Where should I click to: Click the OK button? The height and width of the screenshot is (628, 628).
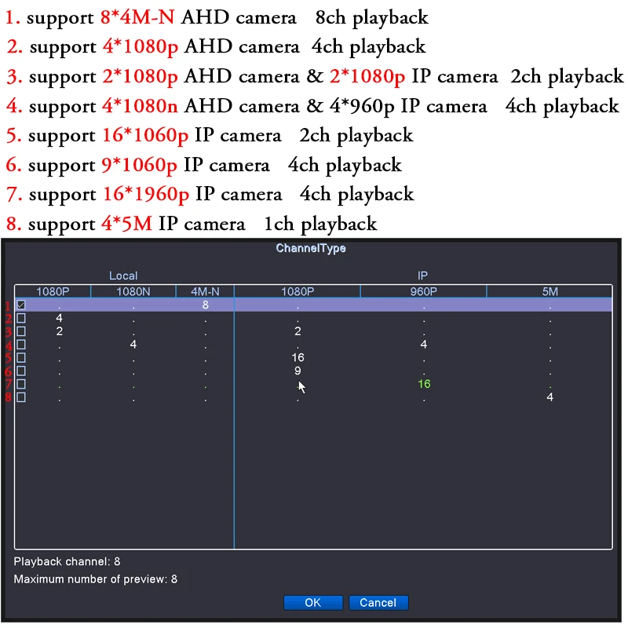(312, 603)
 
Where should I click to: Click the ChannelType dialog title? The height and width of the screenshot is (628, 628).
(311, 249)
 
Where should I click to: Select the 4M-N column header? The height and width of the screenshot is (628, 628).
(205, 291)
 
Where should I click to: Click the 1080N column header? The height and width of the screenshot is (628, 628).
(133, 291)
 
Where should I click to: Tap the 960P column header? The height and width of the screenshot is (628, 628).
(423, 291)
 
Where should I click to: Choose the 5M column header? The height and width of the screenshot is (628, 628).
(549, 291)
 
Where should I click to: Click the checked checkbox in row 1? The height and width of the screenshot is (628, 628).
(21, 305)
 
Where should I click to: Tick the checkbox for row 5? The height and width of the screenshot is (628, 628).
(21, 358)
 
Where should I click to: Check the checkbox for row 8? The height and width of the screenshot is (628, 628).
(21, 397)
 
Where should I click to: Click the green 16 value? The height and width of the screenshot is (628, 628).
(424, 384)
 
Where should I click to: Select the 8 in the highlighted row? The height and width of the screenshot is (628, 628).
(205, 305)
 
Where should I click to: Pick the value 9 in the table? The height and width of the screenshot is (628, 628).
(298, 371)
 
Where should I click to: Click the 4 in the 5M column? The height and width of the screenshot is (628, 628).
(549, 397)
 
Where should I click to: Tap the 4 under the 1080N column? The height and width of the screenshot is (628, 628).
(133, 345)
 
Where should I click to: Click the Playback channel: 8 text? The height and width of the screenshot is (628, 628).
(68, 562)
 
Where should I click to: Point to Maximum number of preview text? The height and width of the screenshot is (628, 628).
(96, 579)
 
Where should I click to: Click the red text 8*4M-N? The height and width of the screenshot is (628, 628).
(137, 16)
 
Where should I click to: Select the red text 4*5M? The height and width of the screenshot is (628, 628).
(126, 224)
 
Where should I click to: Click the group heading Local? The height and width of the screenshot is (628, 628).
(123, 276)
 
